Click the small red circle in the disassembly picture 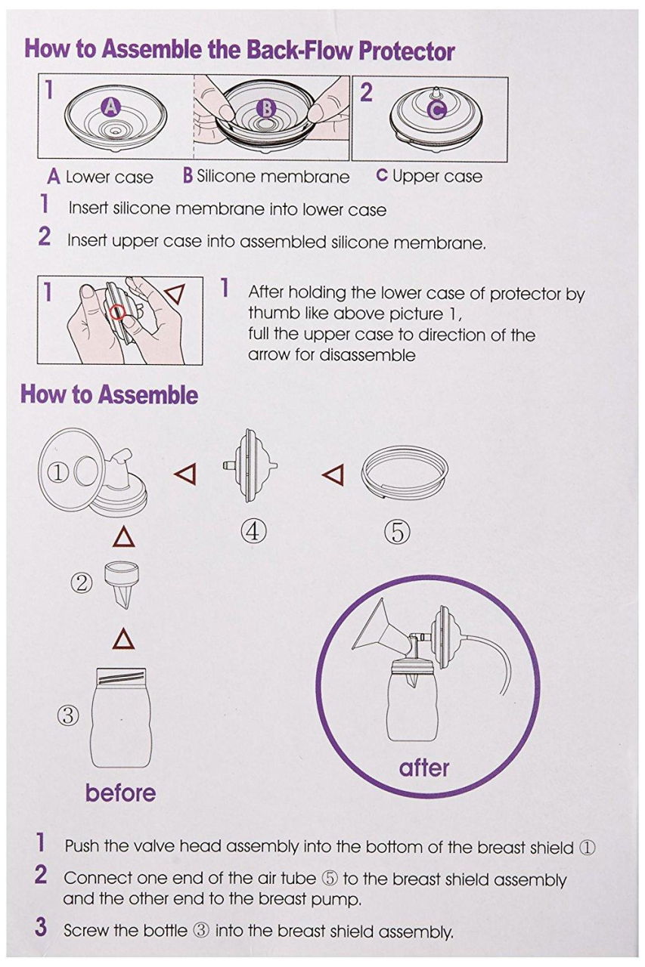point(119,312)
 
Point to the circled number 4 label point(254,531)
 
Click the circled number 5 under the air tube point(397,533)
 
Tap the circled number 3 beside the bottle point(68,714)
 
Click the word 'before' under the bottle point(120,792)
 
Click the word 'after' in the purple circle point(424,768)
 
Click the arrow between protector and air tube point(333,474)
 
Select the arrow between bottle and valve point(123,640)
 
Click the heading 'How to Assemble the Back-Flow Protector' point(240,51)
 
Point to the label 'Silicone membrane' point(273,177)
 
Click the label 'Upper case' point(436,177)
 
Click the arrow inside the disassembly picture point(175,295)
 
